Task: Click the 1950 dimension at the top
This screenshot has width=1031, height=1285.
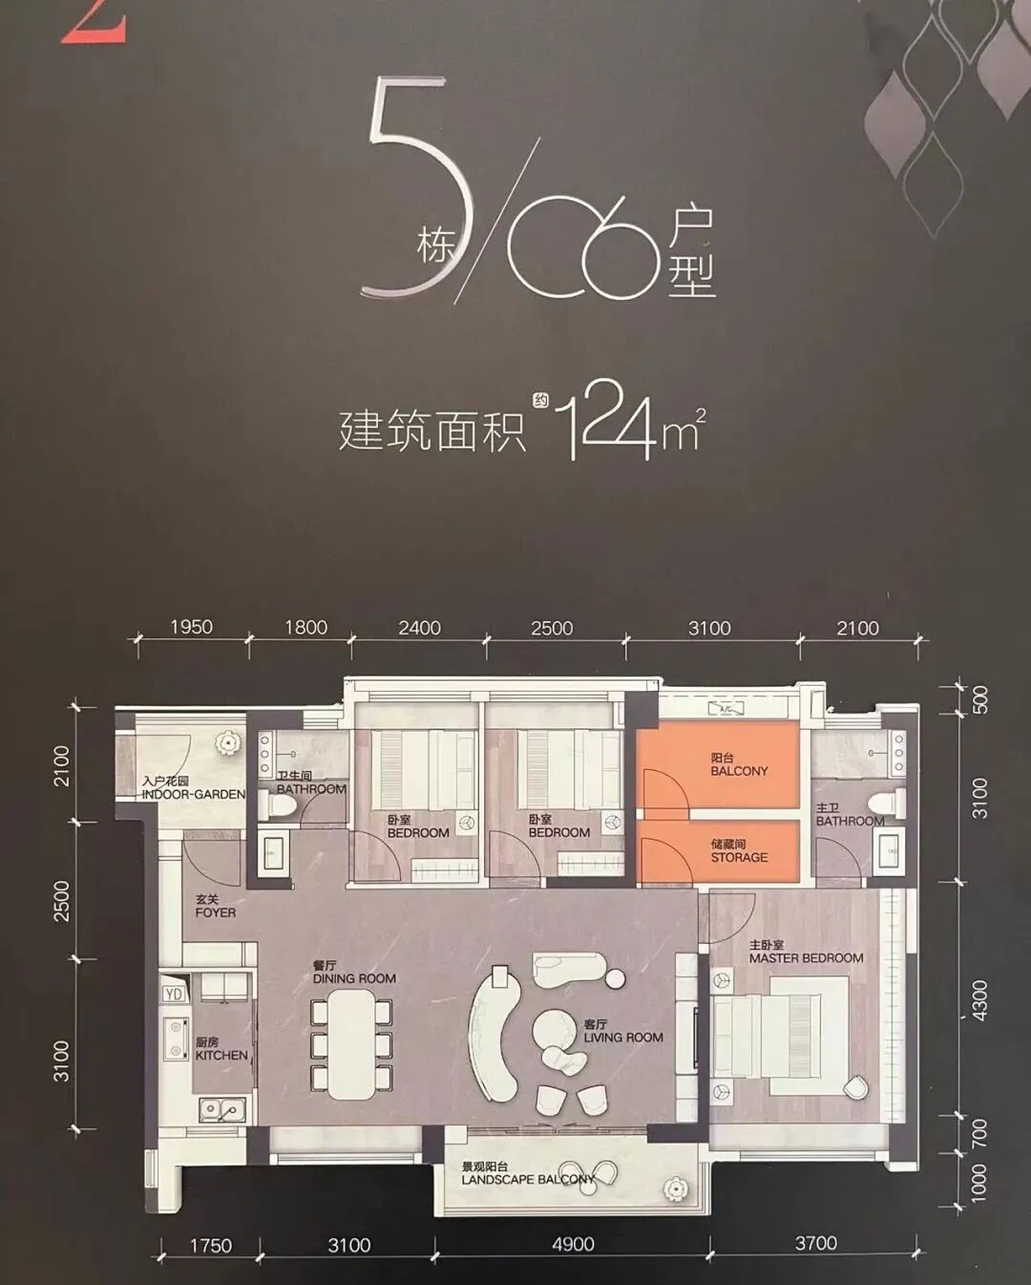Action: (191, 628)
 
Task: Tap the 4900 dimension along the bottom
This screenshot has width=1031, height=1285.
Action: (573, 1244)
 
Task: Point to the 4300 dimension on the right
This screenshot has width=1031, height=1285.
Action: (979, 1000)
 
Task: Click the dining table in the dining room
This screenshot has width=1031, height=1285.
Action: (351, 1044)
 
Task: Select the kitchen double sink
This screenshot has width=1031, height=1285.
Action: (220, 1108)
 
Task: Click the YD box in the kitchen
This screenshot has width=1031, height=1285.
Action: (174, 994)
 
